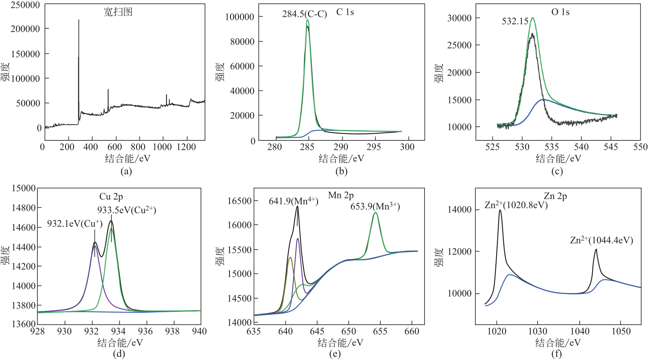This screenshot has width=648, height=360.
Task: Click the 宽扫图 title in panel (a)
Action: pyautogui.click(x=118, y=12)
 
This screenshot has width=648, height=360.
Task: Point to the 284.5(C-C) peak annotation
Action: pyautogui.click(x=304, y=14)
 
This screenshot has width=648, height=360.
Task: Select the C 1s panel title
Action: pyautogui.click(x=345, y=12)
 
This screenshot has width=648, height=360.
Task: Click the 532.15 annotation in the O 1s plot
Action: pyautogui.click(x=515, y=21)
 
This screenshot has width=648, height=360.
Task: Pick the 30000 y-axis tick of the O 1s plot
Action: pyautogui.click(x=459, y=18)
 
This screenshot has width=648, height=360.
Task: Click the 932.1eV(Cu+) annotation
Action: pyautogui.click(x=75, y=224)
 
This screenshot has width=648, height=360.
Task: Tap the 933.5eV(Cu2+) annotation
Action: pyautogui.click(x=127, y=210)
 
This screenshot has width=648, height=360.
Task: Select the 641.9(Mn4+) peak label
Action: pyautogui.click(x=293, y=201)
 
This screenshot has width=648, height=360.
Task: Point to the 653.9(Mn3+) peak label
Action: pyautogui.click(x=375, y=206)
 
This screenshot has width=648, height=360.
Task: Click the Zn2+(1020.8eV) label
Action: pyautogui.click(x=516, y=205)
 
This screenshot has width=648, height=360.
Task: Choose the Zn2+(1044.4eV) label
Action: pyautogui.click(x=602, y=240)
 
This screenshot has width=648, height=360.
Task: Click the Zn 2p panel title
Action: pyautogui.click(x=555, y=196)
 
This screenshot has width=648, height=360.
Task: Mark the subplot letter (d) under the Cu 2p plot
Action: pyautogui.click(x=119, y=354)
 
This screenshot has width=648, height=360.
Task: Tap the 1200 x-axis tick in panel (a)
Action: pyautogui.click(x=186, y=147)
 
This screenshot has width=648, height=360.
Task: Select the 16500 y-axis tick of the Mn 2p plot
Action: pyautogui.click(x=240, y=201)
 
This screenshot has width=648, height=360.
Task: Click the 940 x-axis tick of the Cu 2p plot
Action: pyautogui.click(x=199, y=331)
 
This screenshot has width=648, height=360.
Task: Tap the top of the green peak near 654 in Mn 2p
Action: pyautogui.click(x=375, y=212)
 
